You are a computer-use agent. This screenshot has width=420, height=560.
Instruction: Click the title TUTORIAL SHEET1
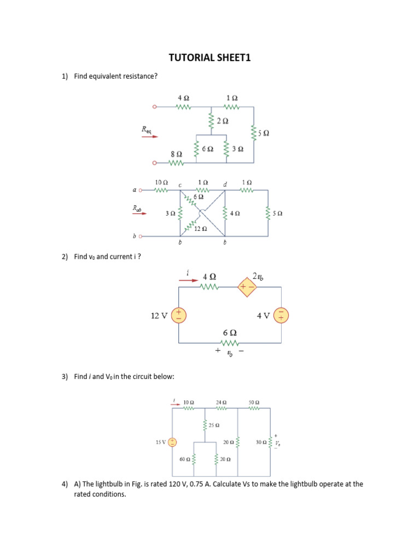point(209,58)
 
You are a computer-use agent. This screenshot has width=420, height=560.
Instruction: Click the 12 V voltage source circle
point(179,315)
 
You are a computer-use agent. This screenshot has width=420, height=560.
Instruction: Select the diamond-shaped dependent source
point(247,287)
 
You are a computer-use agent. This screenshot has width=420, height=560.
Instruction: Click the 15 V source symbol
point(172,442)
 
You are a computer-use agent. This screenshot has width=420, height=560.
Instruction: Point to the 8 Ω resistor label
point(176,155)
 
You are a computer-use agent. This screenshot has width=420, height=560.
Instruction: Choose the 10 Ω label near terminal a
point(161,182)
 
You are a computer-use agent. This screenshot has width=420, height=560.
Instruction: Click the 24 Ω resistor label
point(221,401)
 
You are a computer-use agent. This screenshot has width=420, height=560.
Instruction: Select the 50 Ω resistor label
point(254,401)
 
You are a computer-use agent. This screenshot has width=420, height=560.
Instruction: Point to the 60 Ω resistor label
point(184,459)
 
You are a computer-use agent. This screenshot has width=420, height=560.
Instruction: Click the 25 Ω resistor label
point(214,425)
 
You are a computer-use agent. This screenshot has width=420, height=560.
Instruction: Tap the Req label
point(147,130)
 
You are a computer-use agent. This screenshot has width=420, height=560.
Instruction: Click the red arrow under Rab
point(139,215)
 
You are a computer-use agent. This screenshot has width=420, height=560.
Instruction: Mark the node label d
point(225,185)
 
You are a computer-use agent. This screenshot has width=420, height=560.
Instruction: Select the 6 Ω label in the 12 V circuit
point(230,332)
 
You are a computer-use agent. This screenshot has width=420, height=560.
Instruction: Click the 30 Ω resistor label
point(261,442)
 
